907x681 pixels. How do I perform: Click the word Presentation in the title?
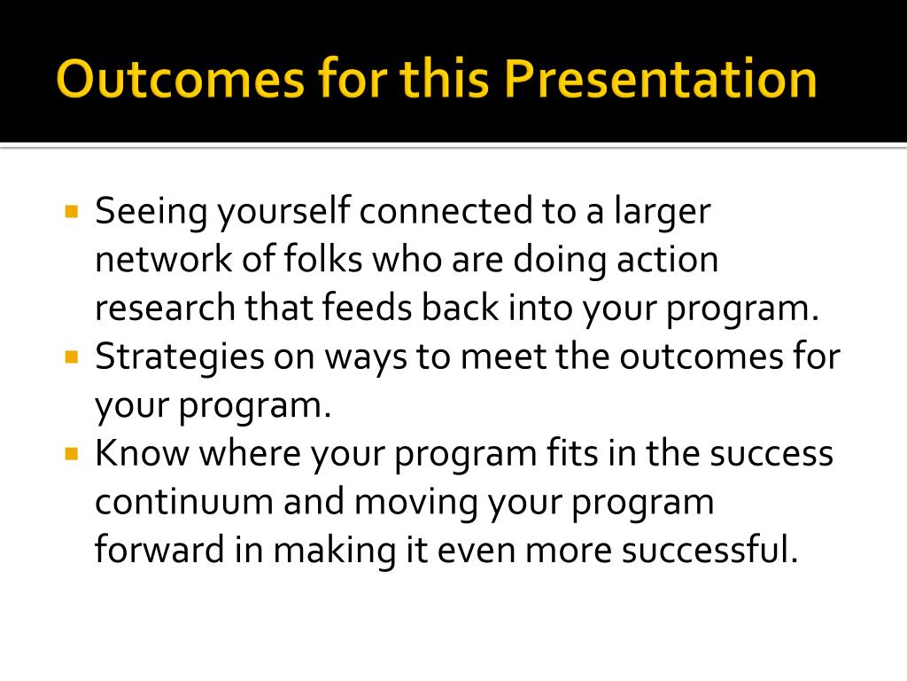tap(660, 78)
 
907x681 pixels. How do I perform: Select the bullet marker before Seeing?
tap(72, 211)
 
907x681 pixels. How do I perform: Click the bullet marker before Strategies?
tap(72, 356)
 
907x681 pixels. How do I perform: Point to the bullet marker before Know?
tap(72, 453)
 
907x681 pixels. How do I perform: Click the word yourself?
tap(284, 213)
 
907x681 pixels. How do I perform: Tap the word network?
tap(163, 259)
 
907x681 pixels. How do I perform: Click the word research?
tap(165, 308)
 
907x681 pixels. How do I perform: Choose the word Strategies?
tap(179, 358)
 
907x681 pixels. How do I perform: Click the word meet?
tap(503, 356)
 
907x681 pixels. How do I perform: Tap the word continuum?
tap(184, 502)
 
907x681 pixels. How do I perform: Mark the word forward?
tap(159, 549)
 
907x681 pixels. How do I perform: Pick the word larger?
tap(663, 213)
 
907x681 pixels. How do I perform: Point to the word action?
tap(667, 260)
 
